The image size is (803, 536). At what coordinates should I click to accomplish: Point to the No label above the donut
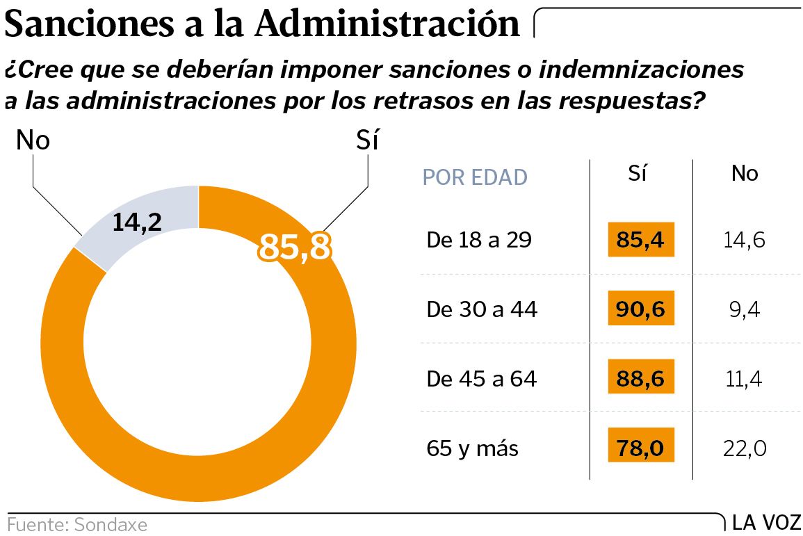(33, 141)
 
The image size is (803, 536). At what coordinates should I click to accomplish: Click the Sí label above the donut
(366, 141)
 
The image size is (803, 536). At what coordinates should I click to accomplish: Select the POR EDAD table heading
(475, 177)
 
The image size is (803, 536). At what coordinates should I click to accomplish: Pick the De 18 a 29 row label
(479, 241)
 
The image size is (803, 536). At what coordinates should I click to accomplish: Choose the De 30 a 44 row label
(482, 309)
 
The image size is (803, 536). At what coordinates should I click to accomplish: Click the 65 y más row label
(472, 448)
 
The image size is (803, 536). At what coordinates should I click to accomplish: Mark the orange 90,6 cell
(641, 309)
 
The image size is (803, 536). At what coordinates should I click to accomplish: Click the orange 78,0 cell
(641, 448)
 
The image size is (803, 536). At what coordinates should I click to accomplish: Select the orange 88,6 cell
(641, 379)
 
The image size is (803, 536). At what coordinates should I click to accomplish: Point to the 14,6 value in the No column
(744, 241)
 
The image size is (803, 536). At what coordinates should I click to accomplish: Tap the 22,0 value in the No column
(744, 448)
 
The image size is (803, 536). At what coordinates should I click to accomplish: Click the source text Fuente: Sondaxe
(77, 524)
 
